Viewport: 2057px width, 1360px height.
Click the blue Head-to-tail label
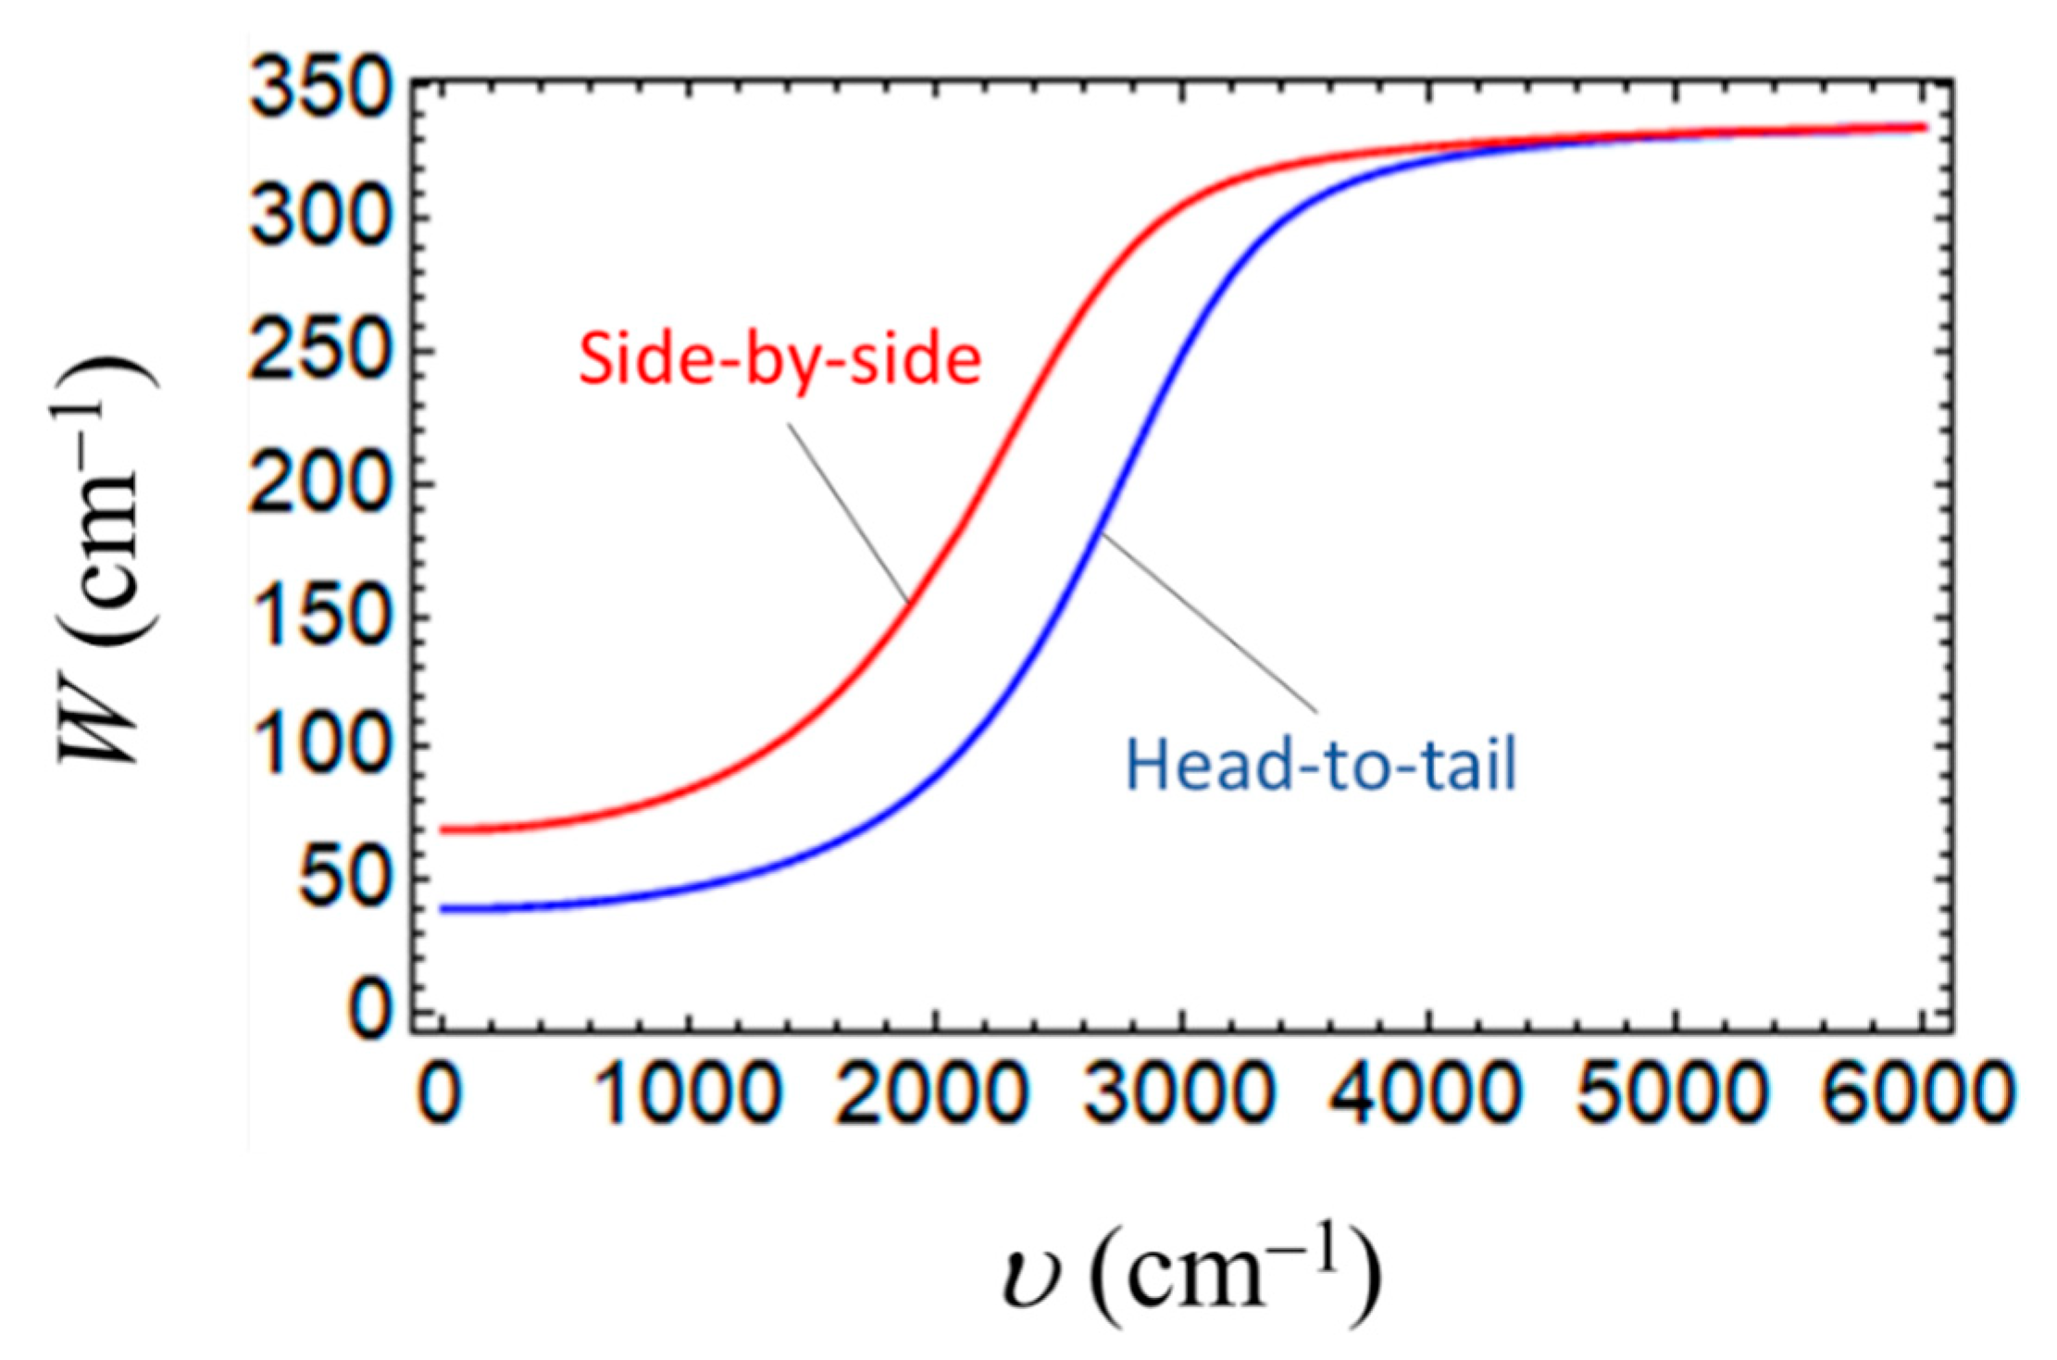[1321, 766]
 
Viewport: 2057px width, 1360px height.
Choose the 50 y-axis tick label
[343, 880]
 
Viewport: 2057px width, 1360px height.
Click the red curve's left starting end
[443, 830]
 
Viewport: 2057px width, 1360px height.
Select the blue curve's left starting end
[443, 909]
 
